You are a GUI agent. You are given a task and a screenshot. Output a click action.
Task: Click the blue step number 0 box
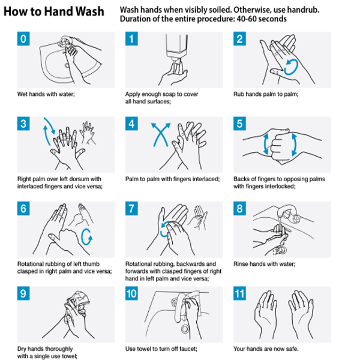tap(23, 39)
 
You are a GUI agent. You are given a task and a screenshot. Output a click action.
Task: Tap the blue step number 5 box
tap(239, 124)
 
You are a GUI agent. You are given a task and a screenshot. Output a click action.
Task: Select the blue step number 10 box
tap(131, 293)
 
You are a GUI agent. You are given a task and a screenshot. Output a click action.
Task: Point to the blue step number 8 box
tap(239, 208)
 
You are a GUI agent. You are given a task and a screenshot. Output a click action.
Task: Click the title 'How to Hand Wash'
tap(54, 11)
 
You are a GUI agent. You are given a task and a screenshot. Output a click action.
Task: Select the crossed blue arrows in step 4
tap(161, 134)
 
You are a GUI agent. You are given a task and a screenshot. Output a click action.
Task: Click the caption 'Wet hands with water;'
tap(46, 94)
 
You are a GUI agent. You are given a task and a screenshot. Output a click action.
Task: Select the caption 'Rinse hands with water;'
tap(264, 264)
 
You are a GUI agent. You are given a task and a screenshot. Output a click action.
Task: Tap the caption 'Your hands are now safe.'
tap(266, 349)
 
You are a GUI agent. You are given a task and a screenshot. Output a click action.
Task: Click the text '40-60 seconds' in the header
tap(262, 19)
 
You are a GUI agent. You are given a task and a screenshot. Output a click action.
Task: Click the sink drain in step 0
tap(67, 65)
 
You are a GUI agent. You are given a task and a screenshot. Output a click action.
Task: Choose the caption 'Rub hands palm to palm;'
tap(266, 94)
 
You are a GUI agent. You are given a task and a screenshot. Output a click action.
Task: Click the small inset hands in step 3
tap(88, 133)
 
